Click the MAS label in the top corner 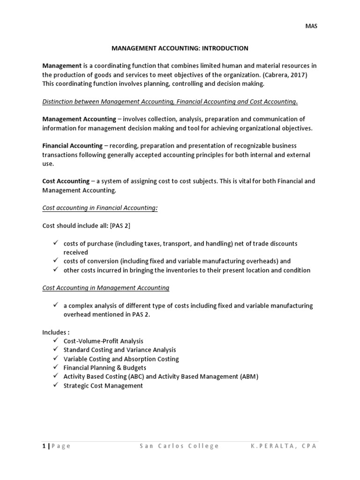(312, 26)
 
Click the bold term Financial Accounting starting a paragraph (72, 146)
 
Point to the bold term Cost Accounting (66, 181)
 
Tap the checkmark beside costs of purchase (55, 243)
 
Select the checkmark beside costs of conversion (55, 261)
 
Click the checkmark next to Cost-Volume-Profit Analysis (55, 341)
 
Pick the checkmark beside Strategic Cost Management (55, 385)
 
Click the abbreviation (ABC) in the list (132, 376)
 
